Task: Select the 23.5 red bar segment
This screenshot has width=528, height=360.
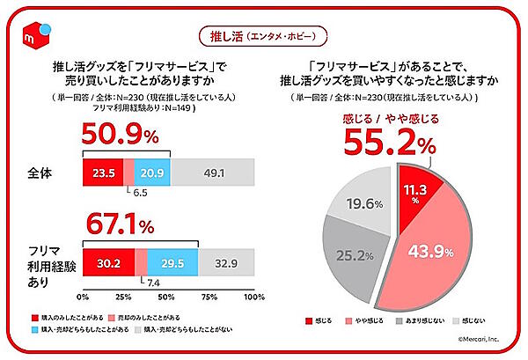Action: click(x=102, y=171)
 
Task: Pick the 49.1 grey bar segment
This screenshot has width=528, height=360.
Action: click(x=212, y=171)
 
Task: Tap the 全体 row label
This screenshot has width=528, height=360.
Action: click(x=45, y=172)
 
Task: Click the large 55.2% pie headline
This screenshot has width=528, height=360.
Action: click(x=392, y=140)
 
